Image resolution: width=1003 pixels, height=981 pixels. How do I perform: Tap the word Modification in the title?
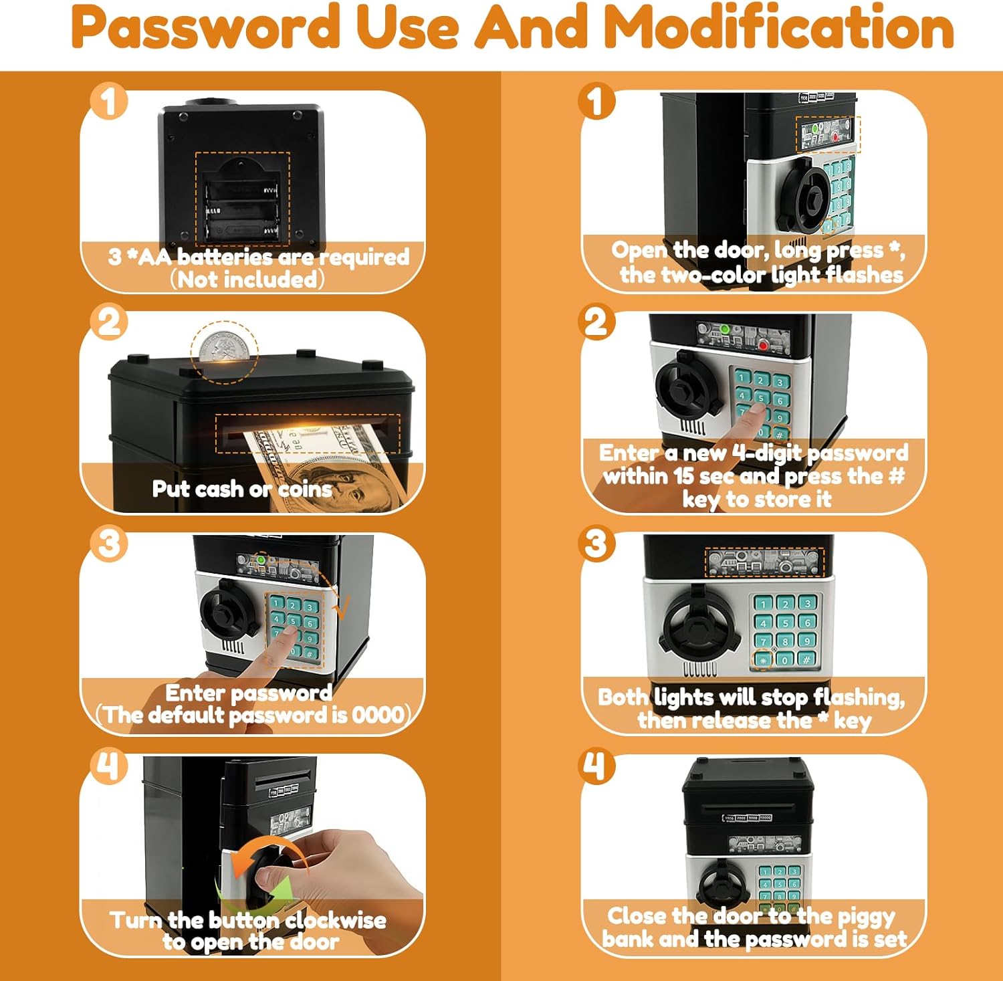point(779,27)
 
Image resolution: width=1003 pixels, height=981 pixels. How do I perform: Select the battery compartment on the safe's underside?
point(242,199)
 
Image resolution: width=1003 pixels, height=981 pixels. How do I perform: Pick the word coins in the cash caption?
point(305,489)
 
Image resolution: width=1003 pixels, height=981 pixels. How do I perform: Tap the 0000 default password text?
point(378,715)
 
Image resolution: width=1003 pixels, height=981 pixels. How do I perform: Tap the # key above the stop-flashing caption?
point(807,660)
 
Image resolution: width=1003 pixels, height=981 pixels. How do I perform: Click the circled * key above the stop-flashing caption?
point(763,660)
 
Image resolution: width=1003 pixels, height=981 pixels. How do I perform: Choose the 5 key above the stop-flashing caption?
point(785,623)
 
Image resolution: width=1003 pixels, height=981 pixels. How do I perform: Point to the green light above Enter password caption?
point(261,559)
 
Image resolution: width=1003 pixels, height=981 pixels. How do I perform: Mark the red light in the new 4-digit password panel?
point(763,345)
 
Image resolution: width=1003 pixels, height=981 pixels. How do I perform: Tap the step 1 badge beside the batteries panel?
point(109,102)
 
